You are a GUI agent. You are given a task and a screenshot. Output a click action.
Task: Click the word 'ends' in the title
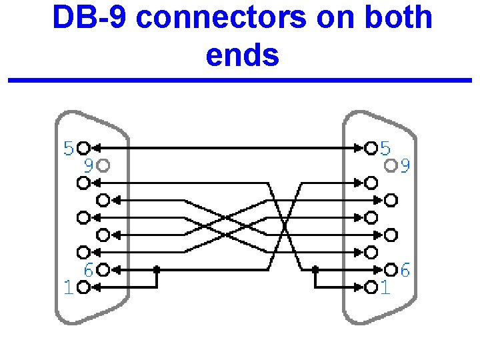242,55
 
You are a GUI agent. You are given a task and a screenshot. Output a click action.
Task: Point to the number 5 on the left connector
69,148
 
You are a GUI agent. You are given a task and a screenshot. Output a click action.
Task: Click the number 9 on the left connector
87,164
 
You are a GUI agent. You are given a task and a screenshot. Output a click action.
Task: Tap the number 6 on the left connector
87,270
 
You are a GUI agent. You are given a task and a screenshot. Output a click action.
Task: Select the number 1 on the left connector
67,287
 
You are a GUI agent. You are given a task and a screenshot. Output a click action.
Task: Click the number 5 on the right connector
386,148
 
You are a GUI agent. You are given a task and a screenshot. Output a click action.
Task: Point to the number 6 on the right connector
405,270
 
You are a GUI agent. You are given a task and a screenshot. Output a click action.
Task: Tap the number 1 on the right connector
385,287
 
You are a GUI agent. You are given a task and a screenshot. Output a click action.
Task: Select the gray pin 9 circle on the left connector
103,164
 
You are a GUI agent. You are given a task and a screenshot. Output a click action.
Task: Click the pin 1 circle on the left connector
83,287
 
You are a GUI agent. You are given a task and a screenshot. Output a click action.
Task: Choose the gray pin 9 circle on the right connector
391,164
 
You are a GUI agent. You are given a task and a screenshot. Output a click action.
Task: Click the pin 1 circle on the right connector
371,287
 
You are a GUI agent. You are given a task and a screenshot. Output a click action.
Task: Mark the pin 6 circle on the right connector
391,270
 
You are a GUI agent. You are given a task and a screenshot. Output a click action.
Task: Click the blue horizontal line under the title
240,81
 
